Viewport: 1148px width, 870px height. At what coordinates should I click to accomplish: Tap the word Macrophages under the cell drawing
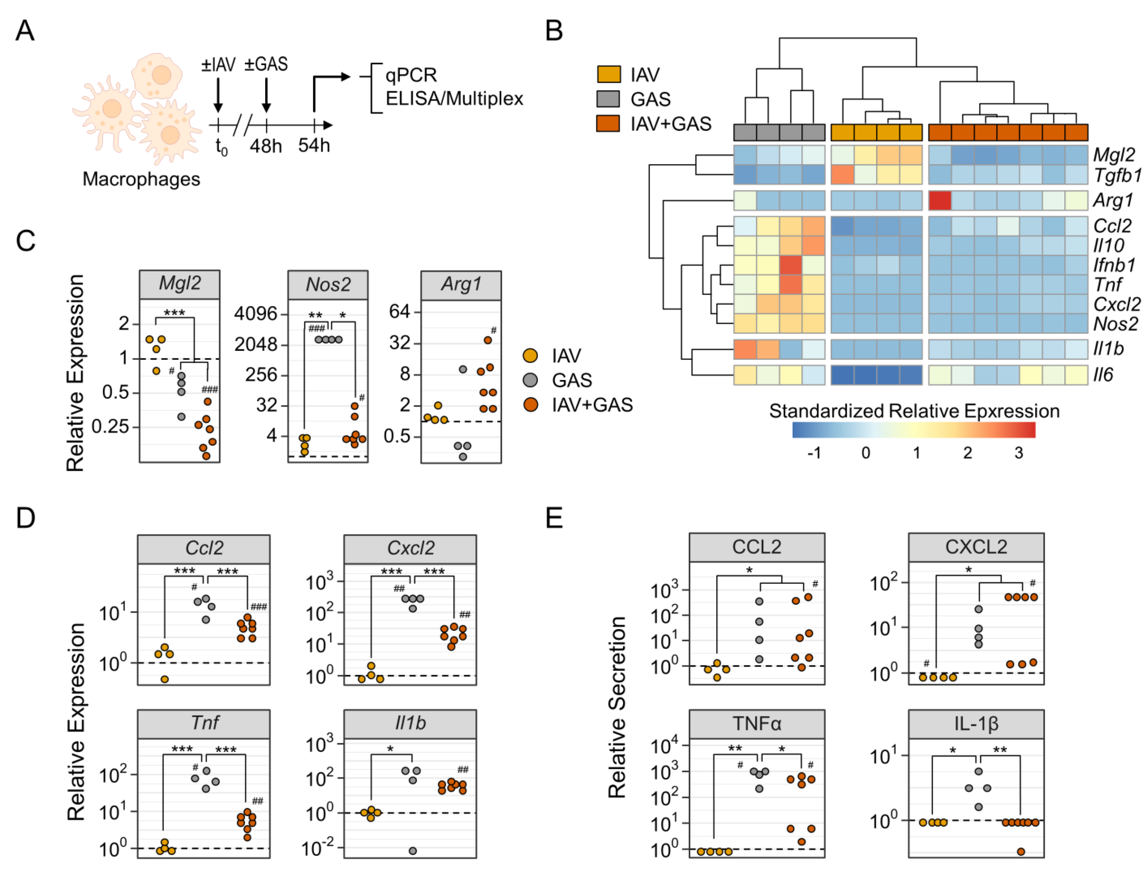coord(141,179)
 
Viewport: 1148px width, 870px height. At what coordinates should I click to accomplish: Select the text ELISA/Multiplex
coord(454,98)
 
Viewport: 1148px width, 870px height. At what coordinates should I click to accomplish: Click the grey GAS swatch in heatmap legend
coord(608,98)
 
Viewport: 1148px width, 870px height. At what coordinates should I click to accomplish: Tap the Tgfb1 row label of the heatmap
coord(1117,175)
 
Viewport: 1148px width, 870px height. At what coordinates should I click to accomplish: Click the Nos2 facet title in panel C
coord(328,284)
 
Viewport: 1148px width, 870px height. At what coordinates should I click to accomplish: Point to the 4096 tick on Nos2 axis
coord(256,313)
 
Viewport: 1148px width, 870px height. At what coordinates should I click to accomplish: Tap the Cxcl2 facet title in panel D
coord(410,548)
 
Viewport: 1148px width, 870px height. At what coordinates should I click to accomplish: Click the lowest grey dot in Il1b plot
coord(413,851)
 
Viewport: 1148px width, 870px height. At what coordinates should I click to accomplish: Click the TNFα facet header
coord(757,723)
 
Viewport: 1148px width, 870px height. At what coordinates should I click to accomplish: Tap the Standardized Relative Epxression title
coord(914,411)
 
